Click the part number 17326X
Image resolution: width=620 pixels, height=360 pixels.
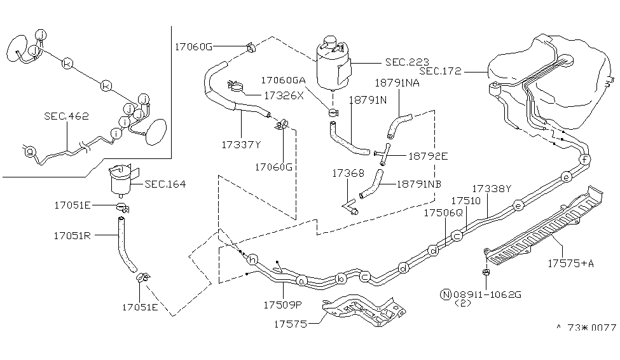click(x=266, y=95)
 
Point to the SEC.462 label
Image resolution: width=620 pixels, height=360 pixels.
click(x=66, y=116)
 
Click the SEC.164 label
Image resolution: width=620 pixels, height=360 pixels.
click(x=165, y=184)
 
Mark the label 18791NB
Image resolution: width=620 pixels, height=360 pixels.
click(x=419, y=183)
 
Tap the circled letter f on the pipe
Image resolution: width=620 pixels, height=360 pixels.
click(x=585, y=159)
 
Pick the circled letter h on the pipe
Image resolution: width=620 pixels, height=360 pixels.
click(x=252, y=260)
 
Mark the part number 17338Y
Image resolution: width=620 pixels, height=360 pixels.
click(x=492, y=188)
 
